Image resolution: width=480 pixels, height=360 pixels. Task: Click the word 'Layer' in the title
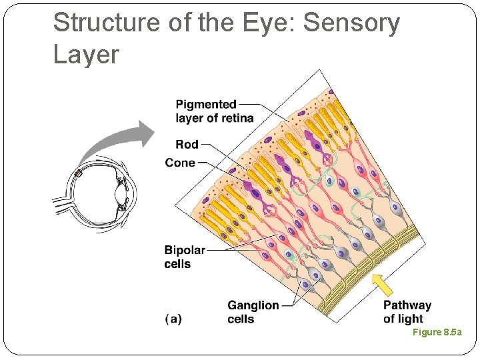click(86, 55)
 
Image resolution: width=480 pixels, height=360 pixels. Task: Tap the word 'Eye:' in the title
click(265, 23)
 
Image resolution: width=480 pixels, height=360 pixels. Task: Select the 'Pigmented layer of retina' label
click(214, 111)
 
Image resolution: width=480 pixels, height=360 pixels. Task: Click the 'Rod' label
click(187, 144)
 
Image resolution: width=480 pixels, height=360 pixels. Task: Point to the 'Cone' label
click(180, 163)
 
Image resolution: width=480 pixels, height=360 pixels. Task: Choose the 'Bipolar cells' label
click(185, 257)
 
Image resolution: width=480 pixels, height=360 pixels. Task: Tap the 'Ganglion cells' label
click(253, 312)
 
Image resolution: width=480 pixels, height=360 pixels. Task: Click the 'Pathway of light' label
click(407, 312)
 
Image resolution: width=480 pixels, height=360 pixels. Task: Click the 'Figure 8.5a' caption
click(437, 332)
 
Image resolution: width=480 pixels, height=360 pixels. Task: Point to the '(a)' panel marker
click(173, 319)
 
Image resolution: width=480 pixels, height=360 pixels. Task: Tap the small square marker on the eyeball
click(79, 174)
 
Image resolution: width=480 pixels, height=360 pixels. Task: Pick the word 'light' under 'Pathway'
click(411, 319)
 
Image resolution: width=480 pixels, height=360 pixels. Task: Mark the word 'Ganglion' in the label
click(253, 305)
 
